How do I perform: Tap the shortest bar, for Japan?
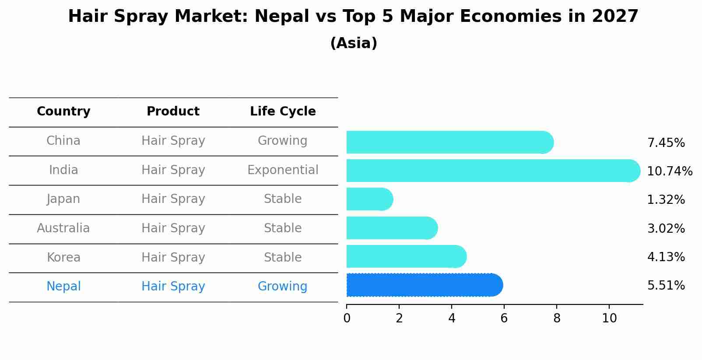point(369,199)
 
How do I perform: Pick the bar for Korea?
point(406,256)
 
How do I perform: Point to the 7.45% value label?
point(666,143)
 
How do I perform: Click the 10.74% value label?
point(669,171)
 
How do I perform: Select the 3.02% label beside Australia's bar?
point(666,228)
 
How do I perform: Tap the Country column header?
point(63,112)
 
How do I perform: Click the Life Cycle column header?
point(283,112)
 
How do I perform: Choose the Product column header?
point(173,112)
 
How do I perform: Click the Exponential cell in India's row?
point(283,170)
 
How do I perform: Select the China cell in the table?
point(63,141)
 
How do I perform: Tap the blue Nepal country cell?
point(63,287)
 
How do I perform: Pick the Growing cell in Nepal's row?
point(282,287)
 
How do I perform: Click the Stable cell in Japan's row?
point(282,199)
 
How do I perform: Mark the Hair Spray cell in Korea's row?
point(173,257)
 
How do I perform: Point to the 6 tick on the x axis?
point(504,318)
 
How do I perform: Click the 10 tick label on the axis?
point(609,318)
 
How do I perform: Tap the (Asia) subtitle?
point(354,43)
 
